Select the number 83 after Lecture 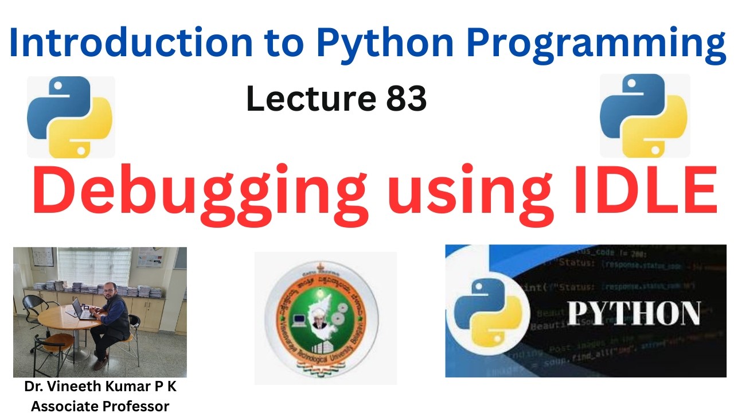(x=406, y=99)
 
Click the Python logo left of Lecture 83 (x=70, y=117)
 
